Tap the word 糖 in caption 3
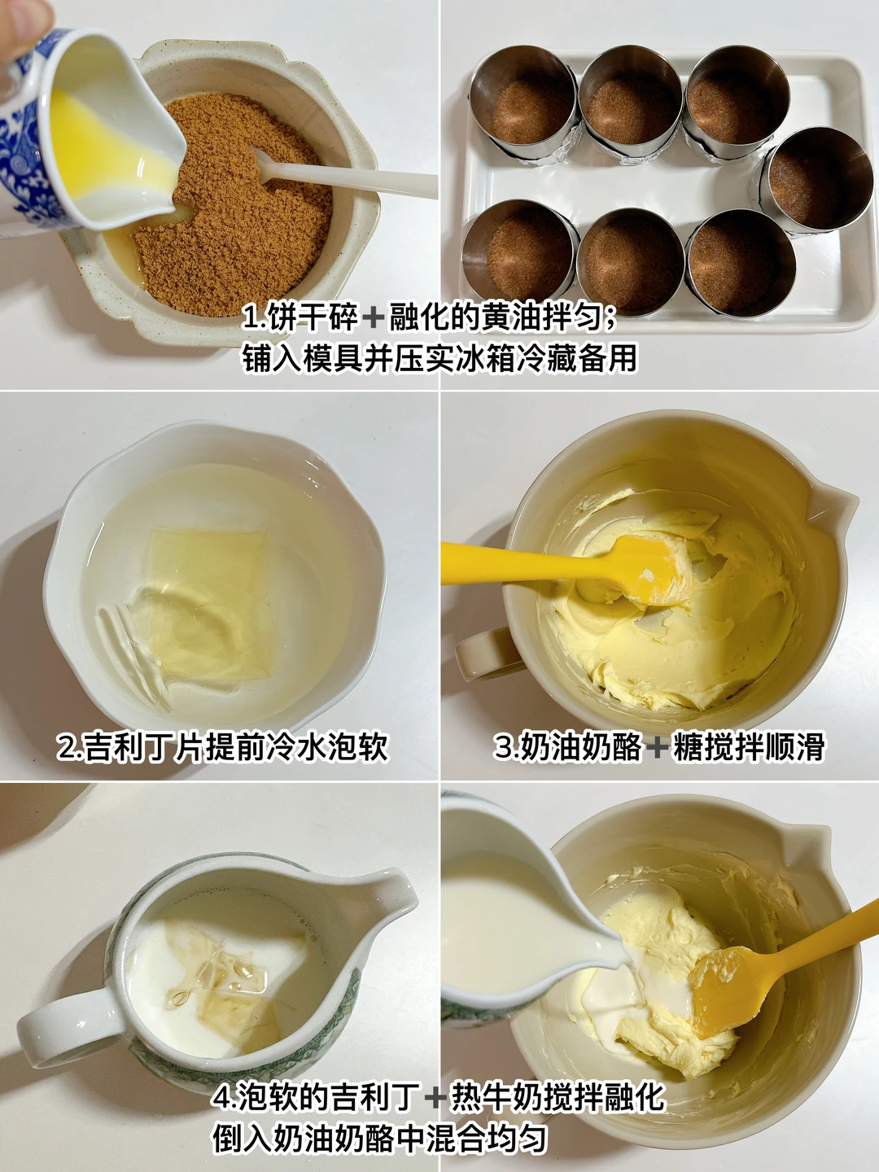(687, 747)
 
